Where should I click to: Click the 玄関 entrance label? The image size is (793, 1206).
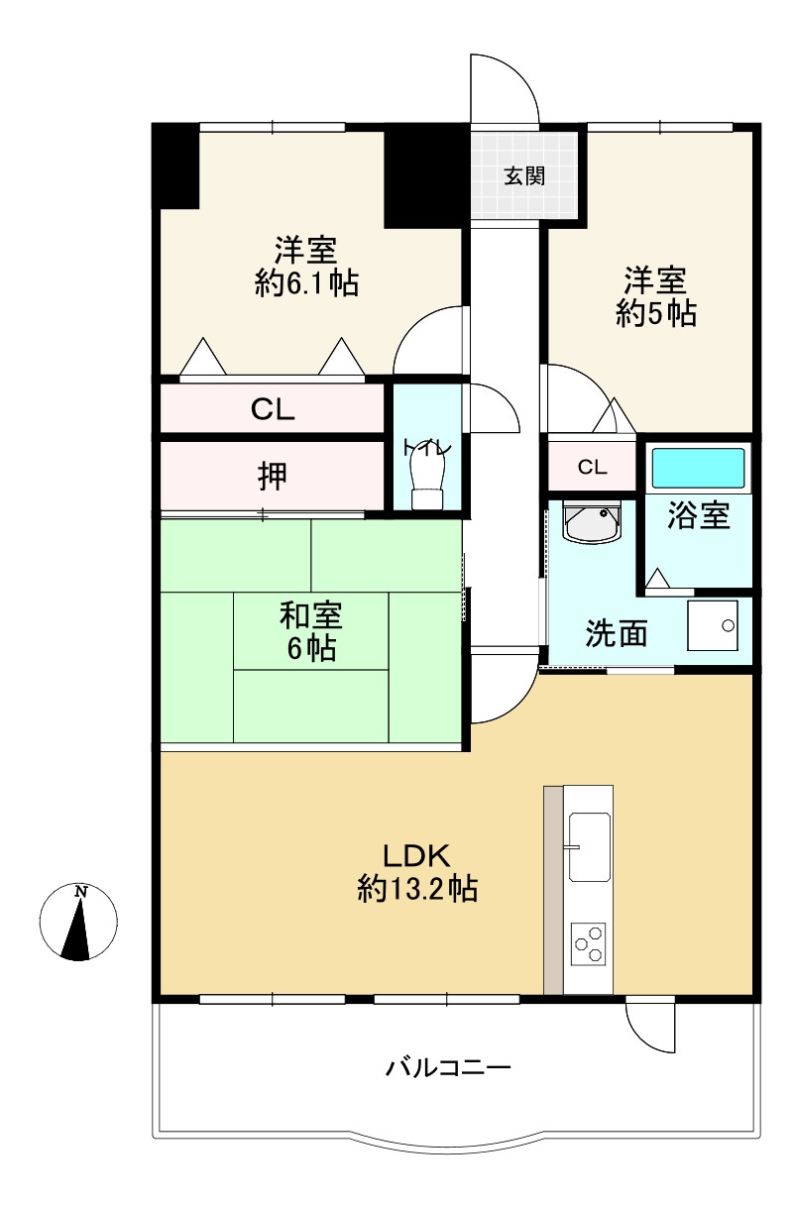(x=524, y=176)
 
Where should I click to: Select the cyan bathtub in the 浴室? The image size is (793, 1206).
(x=698, y=468)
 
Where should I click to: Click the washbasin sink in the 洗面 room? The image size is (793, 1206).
(x=592, y=521)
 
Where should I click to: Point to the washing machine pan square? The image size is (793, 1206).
(x=712, y=625)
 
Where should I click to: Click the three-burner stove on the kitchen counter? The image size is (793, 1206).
(x=588, y=943)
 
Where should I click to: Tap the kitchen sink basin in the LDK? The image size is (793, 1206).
(x=590, y=847)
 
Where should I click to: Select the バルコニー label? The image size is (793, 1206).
(x=447, y=1066)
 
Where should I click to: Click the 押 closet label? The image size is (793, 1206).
(x=273, y=476)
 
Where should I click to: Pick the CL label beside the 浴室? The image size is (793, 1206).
(x=592, y=467)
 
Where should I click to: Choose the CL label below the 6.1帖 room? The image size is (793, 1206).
(x=273, y=409)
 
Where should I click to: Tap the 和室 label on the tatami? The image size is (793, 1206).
(x=311, y=615)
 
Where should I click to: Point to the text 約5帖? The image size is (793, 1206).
(x=655, y=312)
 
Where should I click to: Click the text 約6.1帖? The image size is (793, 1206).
(x=306, y=281)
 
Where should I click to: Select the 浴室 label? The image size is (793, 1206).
(x=699, y=514)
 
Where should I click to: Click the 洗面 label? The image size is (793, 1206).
(x=617, y=633)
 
